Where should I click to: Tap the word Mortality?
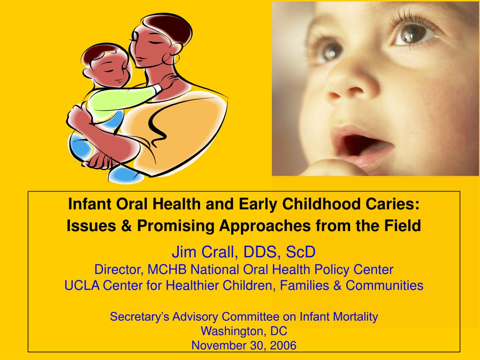click(x=355, y=317)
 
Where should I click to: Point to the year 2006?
click(x=283, y=346)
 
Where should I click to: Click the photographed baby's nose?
click(x=345, y=87)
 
